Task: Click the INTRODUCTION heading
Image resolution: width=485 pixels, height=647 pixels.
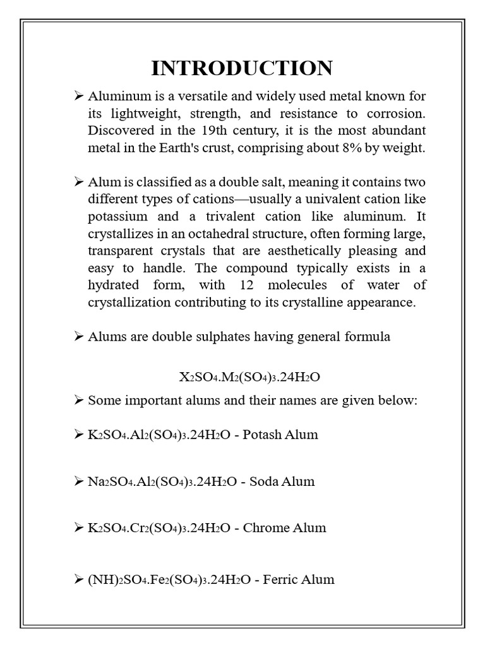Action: [242, 68]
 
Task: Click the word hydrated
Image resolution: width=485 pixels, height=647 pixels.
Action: [114, 285]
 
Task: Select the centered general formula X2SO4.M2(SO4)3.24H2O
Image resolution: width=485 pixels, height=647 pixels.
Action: [249, 377]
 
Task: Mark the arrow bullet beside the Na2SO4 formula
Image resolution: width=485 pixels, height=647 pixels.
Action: [79, 481]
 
